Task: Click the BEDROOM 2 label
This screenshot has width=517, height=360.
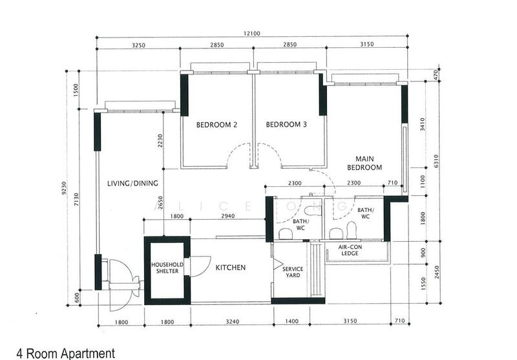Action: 216,125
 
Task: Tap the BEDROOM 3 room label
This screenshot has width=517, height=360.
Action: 286,124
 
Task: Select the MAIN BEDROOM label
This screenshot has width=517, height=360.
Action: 364,163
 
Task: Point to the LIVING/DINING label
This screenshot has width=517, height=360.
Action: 132,184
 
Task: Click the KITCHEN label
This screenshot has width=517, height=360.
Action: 231,268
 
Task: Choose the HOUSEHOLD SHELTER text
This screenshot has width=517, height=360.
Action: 167,268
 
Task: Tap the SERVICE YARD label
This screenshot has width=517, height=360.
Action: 293,272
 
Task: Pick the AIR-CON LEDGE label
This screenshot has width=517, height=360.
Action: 350,250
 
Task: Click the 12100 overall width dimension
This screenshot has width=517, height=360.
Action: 252,34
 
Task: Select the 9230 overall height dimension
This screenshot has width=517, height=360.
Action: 64,188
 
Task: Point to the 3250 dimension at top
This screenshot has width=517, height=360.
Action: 138,45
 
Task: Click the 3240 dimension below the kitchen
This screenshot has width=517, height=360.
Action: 233,321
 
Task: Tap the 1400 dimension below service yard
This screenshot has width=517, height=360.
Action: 292,321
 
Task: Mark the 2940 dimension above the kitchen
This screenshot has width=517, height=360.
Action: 228,216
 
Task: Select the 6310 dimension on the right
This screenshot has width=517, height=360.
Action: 437,161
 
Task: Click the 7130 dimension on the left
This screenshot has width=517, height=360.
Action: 76,200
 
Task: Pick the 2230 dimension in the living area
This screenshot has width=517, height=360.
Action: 160,140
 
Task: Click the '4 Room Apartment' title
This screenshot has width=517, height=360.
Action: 66,354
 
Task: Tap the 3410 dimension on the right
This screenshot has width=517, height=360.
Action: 423,124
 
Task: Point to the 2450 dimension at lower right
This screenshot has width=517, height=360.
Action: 437,272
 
